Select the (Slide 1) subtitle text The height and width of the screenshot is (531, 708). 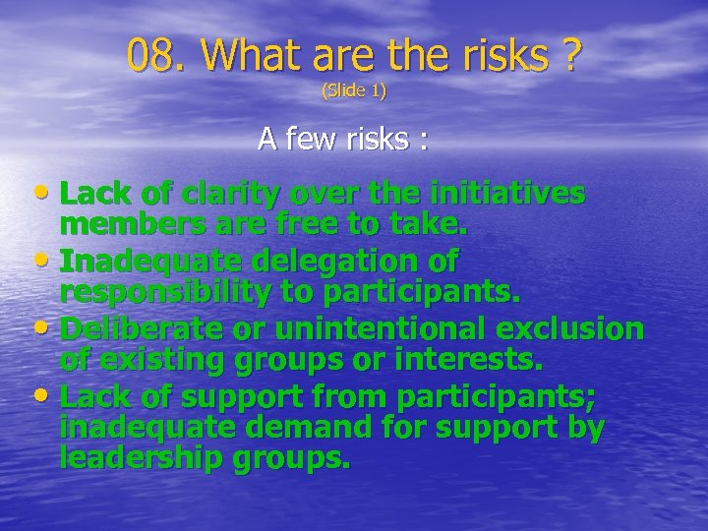click(x=354, y=91)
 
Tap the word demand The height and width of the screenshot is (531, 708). click(x=352, y=428)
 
